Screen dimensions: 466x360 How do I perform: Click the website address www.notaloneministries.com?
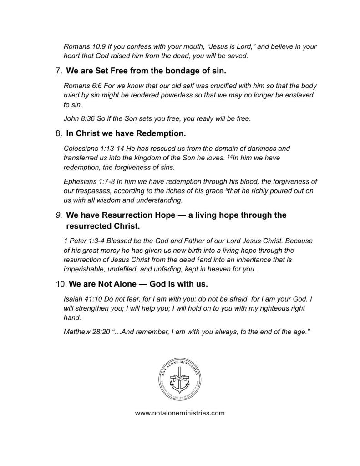180,413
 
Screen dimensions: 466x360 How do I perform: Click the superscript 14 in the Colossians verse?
229,156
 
